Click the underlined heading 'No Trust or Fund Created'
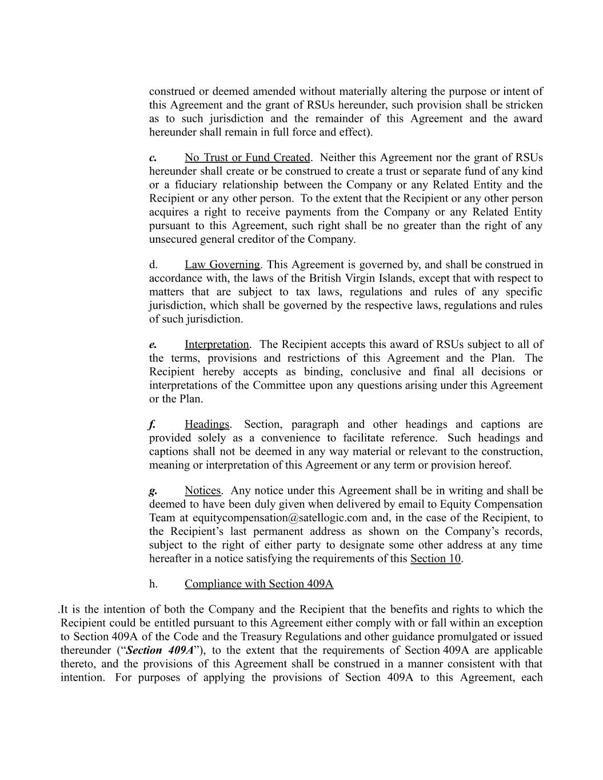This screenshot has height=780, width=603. tap(247, 158)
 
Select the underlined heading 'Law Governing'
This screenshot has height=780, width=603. tap(222, 265)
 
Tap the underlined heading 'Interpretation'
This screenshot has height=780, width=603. tap(217, 345)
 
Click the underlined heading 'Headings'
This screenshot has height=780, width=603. tap(206, 425)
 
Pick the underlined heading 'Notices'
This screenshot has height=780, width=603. tap(202, 491)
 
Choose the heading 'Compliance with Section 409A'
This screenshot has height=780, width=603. tap(259, 584)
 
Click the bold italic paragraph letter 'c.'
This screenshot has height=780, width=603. tap(153, 158)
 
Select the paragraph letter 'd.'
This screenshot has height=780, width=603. tap(153, 265)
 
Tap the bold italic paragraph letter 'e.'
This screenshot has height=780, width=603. tap(153, 345)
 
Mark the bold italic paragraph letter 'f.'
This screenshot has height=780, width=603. tap(152, 425)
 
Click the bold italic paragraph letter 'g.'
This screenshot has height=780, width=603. tap(153, 491)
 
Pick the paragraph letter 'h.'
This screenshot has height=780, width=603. tap(153, 584)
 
